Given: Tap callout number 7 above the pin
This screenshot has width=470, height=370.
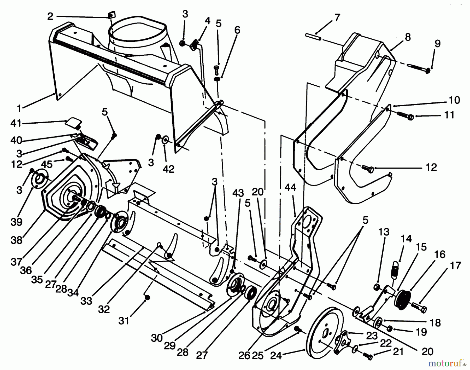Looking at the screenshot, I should click(x=337, y=18).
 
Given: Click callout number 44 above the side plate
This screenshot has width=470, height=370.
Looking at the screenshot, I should click(x=290, y=187).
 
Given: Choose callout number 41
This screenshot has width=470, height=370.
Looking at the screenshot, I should click(x=16, y=123).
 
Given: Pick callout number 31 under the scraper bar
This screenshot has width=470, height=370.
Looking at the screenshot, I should click(x=124, y=320).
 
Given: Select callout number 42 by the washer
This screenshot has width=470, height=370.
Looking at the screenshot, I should click(x=168, y=169).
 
